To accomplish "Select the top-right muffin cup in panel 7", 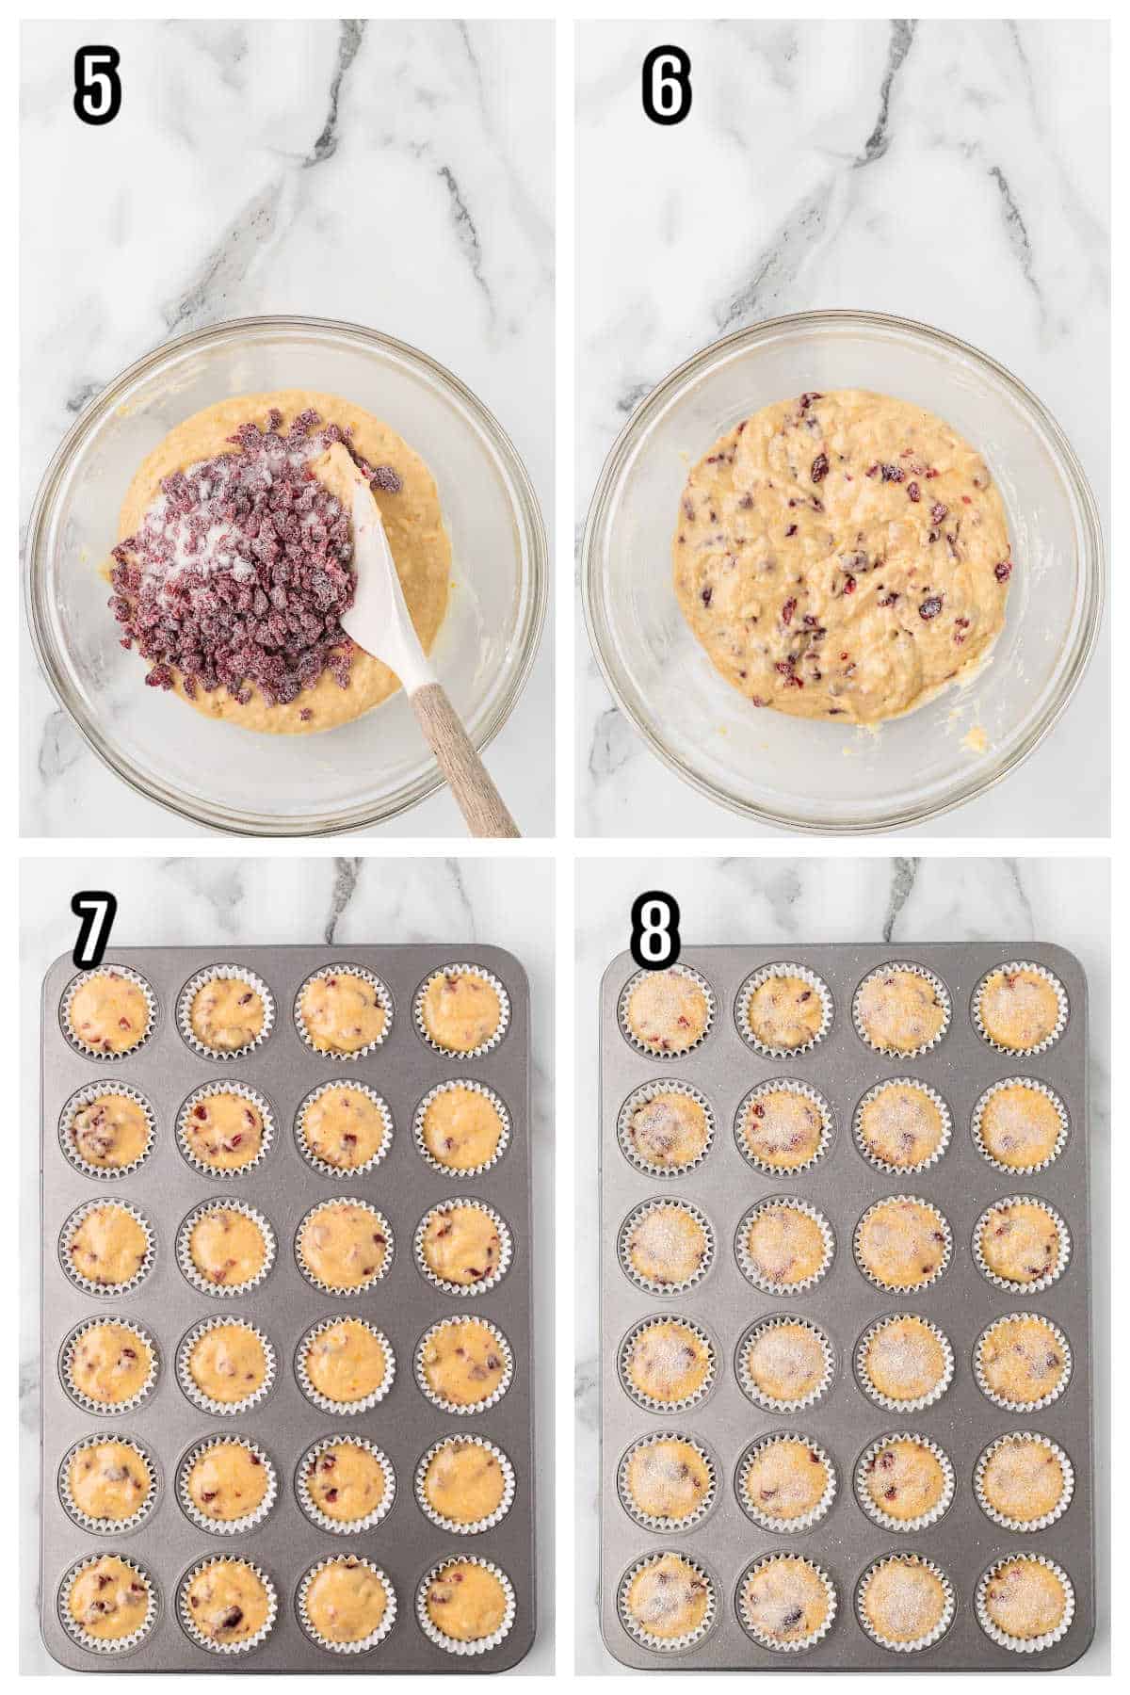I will click(x=465, y=1011).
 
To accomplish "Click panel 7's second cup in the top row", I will click(x=226, y=1011).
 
